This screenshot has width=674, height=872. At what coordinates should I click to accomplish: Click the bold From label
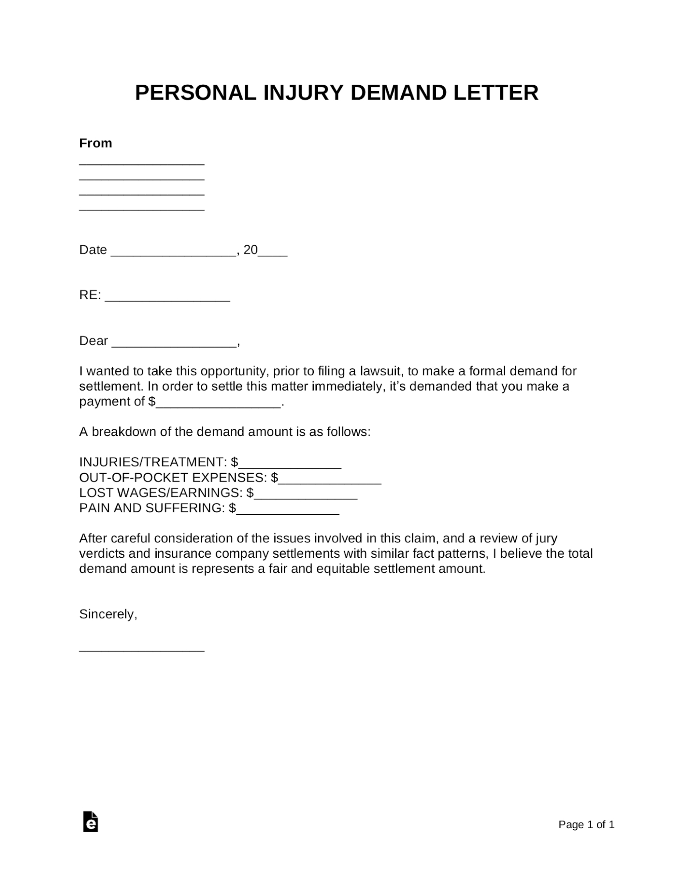click(x=95, y=143)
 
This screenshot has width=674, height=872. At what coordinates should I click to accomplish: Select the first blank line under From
click(x=142, y=162)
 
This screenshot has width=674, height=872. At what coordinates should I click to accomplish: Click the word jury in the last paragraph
click(x=546, y=538)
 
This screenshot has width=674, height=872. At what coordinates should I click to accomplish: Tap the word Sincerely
click(x=108, y=614)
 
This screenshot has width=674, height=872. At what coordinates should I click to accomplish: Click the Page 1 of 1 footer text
click(x=586, y=825)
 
